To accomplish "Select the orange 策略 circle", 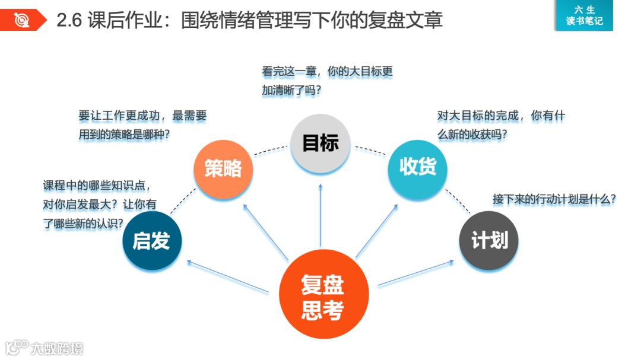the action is (223, 169).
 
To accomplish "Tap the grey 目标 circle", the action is (320, 144).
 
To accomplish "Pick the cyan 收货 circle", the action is (418, 168).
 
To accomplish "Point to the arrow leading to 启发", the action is (228, 276).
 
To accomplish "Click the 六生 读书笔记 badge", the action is (584, 15).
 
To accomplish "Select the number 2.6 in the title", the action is (69, 21).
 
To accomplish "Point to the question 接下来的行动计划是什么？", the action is (554, 199).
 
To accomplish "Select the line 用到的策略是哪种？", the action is (124, 135).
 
